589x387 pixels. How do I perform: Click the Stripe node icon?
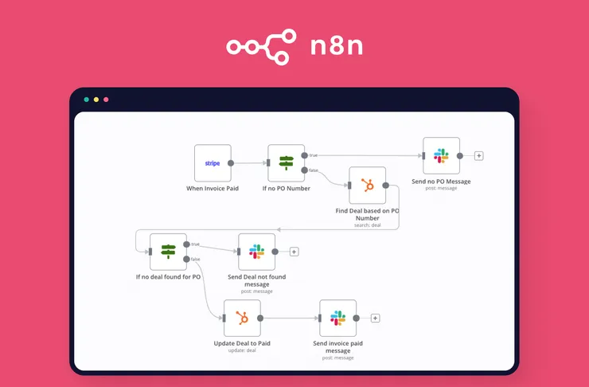[213, 162]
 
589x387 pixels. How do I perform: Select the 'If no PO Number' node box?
[287, 162]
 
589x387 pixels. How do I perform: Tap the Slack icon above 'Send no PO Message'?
[441, 156]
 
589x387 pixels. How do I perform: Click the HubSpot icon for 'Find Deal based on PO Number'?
[367, 186]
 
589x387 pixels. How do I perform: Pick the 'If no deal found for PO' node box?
[168, 252]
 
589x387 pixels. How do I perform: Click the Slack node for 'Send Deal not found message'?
[257, 252]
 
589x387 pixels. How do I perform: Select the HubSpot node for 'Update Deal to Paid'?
[242, 319]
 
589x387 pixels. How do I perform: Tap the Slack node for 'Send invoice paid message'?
[337, 319]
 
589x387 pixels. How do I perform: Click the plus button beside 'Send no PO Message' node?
[479, 156]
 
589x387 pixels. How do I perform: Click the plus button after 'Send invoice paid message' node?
[376, 319]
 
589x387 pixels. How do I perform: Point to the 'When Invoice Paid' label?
[213, 188]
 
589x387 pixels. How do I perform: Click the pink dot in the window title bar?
[106, 100]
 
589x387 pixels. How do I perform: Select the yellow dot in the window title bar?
[96, 100]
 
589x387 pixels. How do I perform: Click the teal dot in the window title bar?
[87, 100]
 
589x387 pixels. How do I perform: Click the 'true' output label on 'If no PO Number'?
[314, 154]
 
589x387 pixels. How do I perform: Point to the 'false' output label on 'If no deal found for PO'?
[196, 260]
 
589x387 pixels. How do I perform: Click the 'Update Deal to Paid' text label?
[242, 344]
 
